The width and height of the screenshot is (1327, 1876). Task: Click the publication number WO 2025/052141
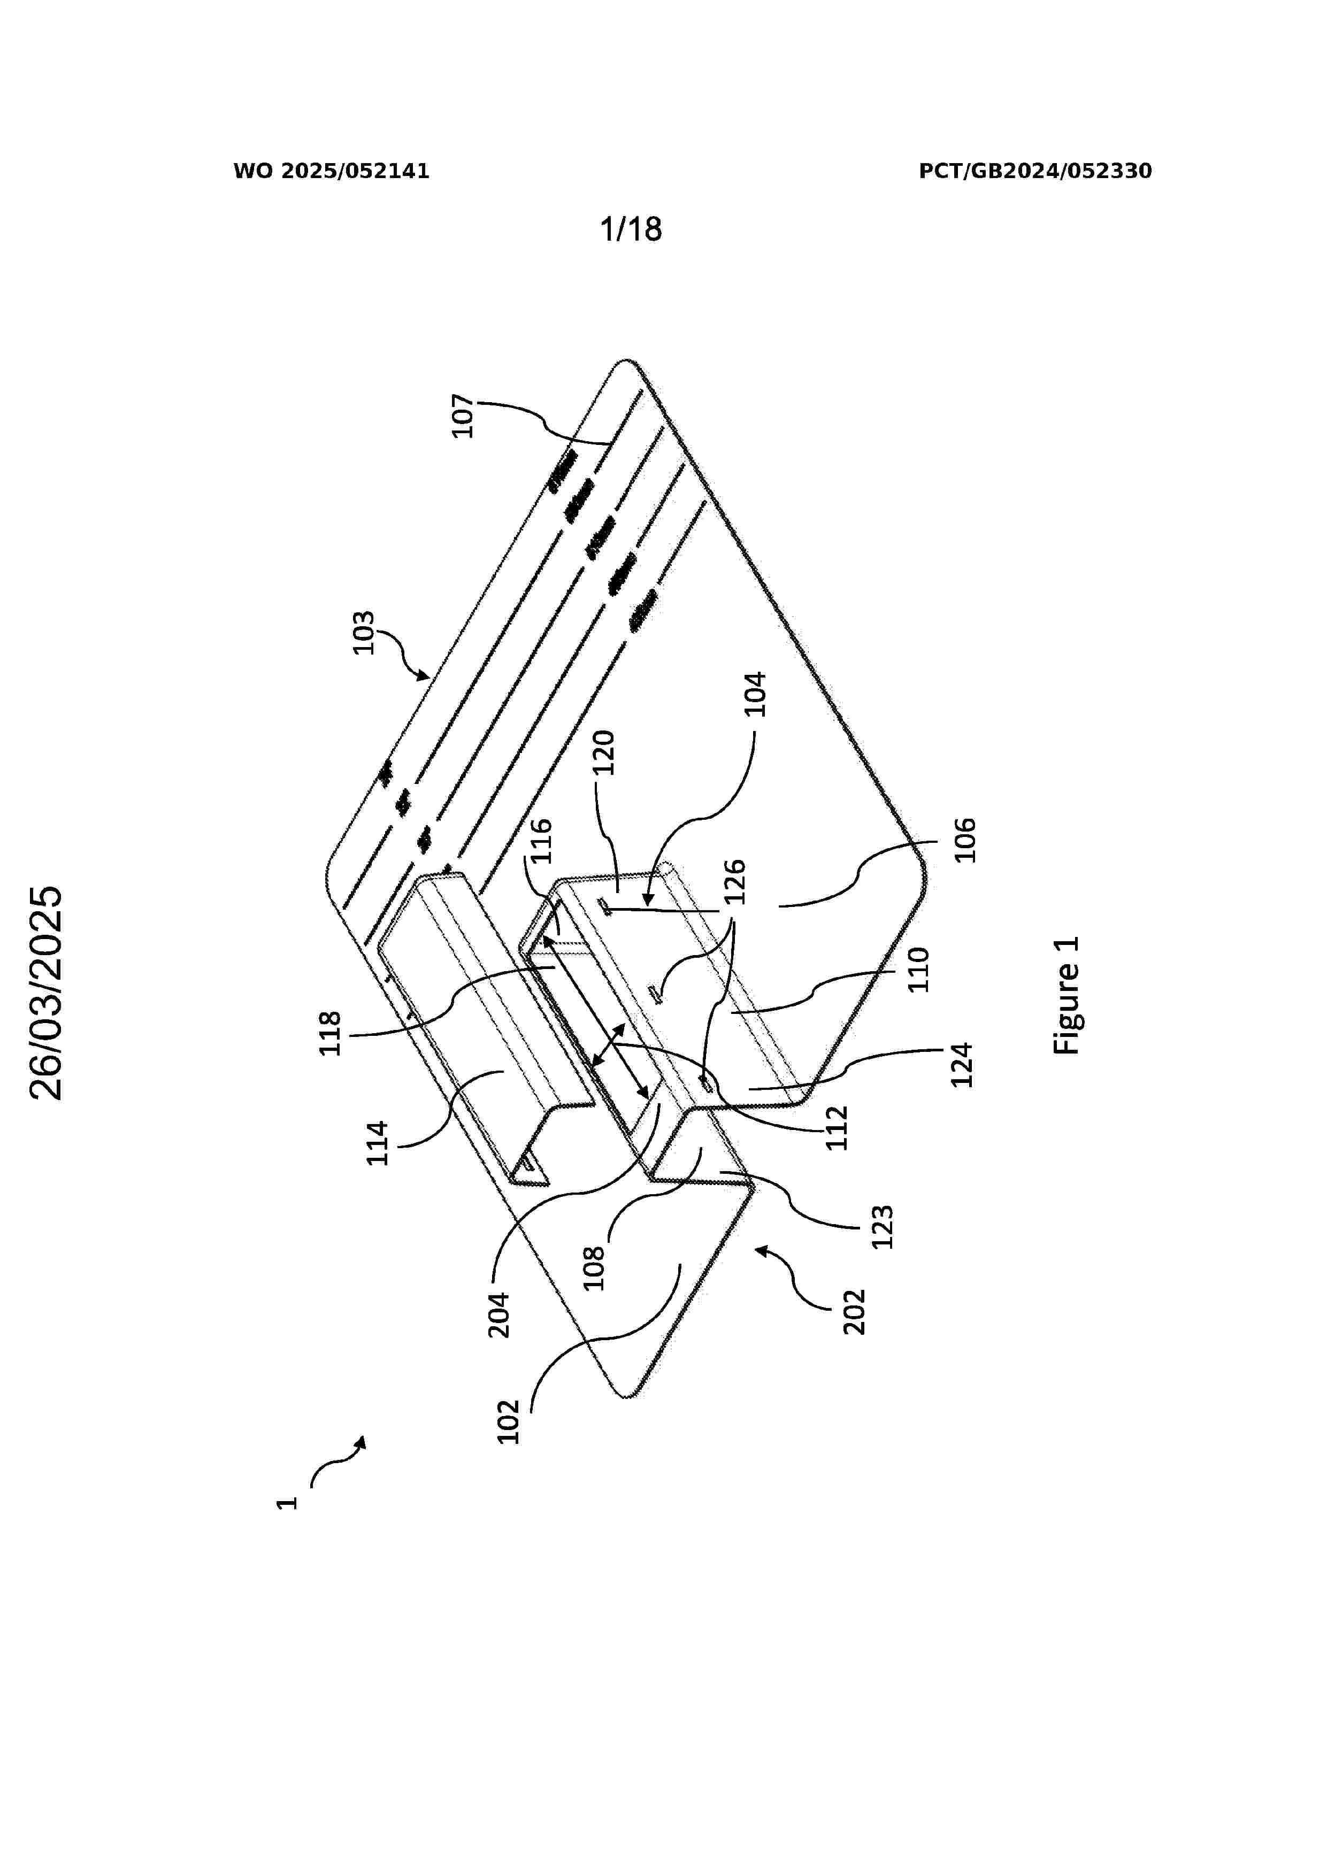331,172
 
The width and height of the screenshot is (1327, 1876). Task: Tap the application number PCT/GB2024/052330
1035,172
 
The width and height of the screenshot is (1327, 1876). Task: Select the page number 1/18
631,229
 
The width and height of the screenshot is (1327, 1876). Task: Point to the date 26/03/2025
47,993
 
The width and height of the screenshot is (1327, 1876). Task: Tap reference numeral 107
463,416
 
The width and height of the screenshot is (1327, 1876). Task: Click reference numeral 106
965,839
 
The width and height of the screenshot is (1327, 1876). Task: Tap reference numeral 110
919,969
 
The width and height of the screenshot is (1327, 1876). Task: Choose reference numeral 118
329,1034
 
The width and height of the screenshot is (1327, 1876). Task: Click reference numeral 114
377,1143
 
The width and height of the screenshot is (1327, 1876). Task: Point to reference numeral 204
498,1314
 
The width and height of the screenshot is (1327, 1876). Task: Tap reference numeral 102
508,1422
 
